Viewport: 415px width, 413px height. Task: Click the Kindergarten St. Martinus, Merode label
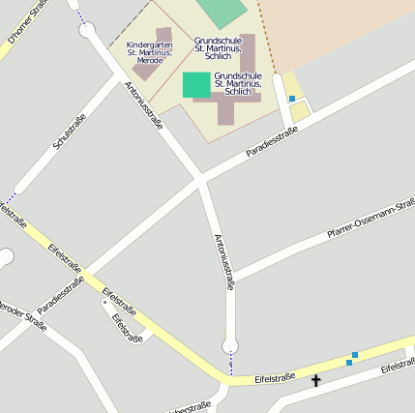150,52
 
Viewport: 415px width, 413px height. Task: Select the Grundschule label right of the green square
238,83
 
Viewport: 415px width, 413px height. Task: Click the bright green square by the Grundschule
196,84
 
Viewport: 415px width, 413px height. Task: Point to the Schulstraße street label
71,131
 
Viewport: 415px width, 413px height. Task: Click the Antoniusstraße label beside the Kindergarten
143,105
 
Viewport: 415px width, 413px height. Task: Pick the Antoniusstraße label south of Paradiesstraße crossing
223,261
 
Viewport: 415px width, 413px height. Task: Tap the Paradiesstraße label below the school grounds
271,142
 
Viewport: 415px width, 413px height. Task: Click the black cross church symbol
315,381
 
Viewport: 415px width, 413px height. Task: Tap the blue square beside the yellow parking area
291,99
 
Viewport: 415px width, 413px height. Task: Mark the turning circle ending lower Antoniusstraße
230,346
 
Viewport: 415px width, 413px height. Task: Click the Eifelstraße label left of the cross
275,377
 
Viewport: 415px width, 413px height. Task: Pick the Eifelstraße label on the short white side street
127,329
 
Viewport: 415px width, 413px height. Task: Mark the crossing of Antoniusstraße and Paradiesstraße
200,178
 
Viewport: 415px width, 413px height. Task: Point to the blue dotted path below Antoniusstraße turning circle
231,364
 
